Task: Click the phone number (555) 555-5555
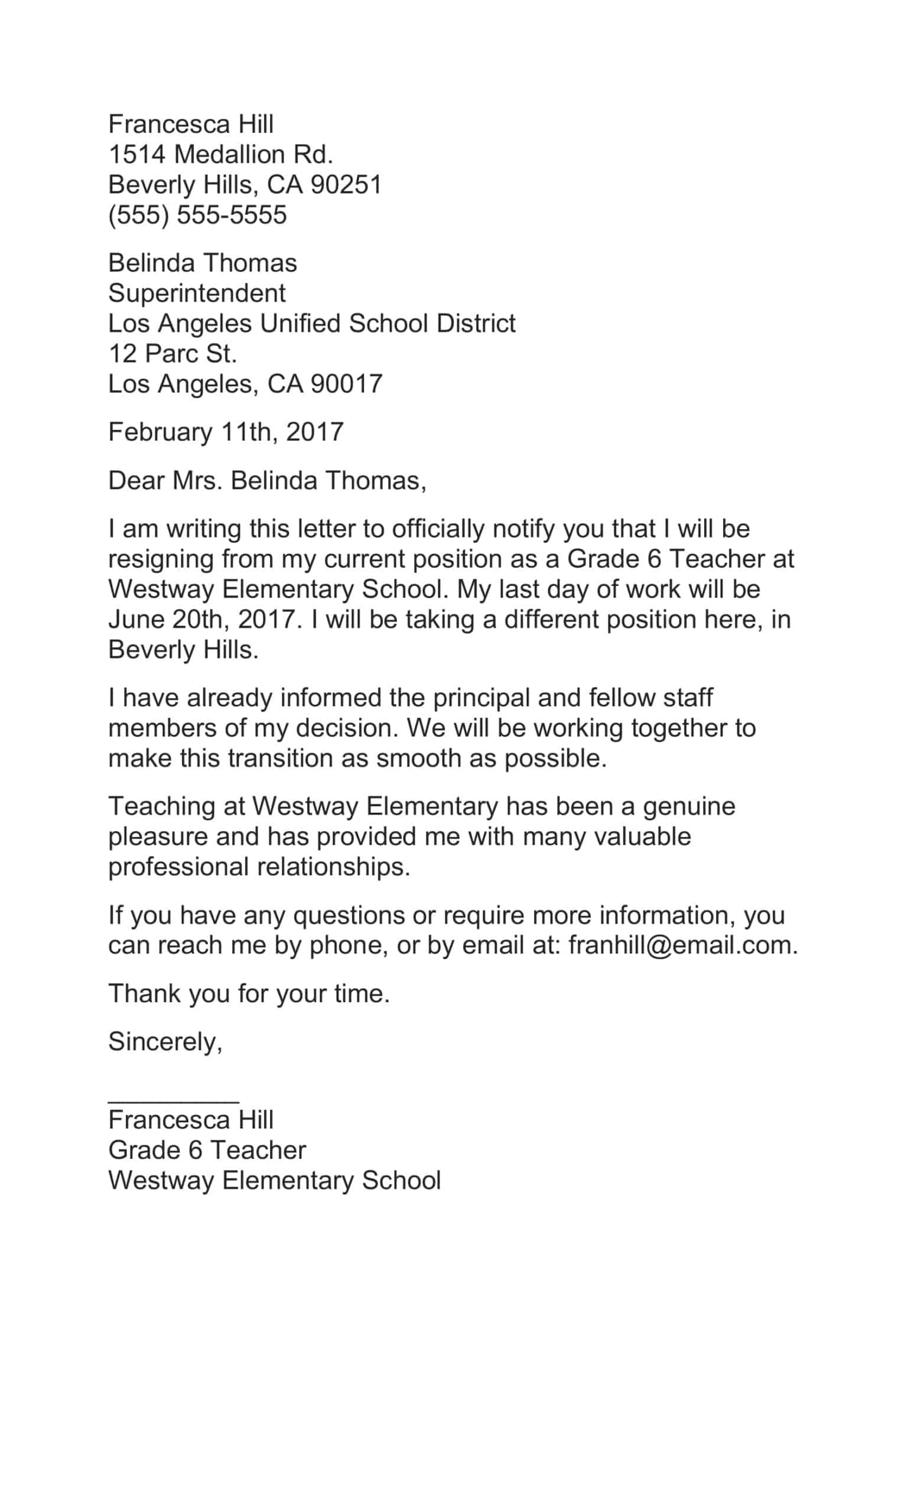[197, 216]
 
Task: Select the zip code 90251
[346, 185]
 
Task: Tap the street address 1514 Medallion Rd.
[220, 155]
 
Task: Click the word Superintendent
[196, 294]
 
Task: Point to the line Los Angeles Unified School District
[311, 324]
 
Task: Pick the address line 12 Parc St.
[172, 353]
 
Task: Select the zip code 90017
[346, 384]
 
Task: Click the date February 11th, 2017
[225, 432]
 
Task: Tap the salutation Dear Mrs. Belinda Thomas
[266, 481]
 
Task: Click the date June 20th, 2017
[202, 619]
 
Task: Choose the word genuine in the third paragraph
[689, 806]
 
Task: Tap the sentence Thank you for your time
[249, 993]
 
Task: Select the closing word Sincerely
[164, 1042]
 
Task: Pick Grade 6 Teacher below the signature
[207, 1151]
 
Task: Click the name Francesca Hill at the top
[190, 125]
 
